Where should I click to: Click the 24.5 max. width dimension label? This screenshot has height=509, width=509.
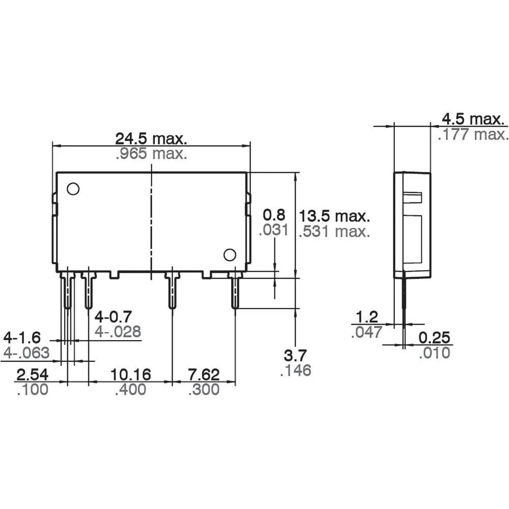152,138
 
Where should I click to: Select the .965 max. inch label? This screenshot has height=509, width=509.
152,153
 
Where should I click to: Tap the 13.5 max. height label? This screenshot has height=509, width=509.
334,215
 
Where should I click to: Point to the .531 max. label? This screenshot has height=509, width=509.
334,232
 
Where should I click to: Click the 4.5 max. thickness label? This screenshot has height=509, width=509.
474,119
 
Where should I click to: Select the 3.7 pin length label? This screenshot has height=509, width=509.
296,355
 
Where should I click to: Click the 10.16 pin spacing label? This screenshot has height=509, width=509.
131,375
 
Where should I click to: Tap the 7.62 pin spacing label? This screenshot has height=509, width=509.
204,375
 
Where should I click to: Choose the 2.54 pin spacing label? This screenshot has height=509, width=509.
33,375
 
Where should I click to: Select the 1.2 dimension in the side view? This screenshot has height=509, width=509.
367,318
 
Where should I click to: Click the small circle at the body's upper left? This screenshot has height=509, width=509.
73,189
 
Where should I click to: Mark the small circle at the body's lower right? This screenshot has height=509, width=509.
230,254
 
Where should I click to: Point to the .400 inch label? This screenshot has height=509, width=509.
131,390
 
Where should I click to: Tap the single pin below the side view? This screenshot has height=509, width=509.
404,300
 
